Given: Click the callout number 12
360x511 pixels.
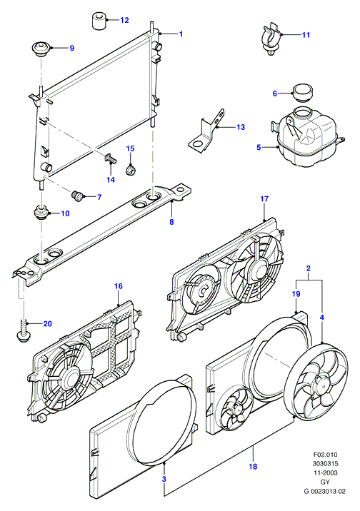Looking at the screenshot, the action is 124,20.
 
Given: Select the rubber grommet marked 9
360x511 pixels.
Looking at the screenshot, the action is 41,49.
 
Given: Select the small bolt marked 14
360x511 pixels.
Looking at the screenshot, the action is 111,159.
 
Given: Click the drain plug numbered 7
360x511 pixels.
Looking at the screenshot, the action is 77,196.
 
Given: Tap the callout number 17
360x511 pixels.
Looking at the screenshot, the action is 264,198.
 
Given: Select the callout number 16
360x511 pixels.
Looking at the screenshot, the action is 118,285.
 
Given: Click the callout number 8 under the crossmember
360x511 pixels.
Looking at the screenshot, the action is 171,222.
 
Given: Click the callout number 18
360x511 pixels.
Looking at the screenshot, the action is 253,466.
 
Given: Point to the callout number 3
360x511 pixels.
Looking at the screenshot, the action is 164,479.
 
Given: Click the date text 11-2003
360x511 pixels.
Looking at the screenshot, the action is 325,472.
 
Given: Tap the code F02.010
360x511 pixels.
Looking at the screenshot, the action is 325,455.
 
